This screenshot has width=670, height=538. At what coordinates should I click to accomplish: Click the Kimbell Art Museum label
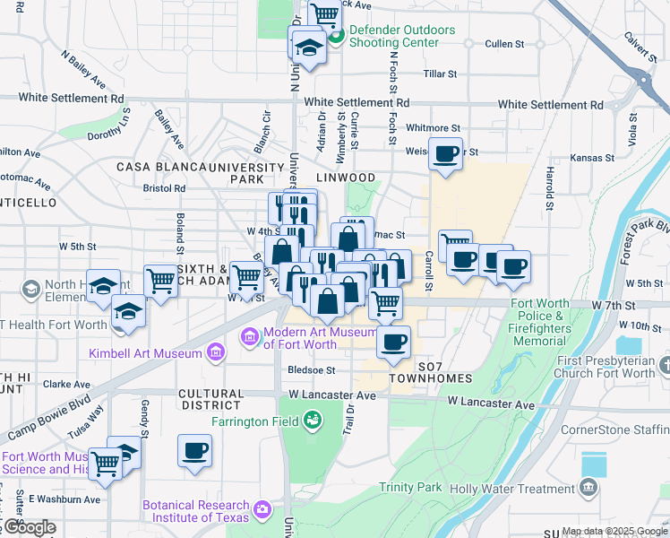coord(145,353)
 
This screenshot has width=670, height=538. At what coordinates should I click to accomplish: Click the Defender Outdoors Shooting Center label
coord(402,36)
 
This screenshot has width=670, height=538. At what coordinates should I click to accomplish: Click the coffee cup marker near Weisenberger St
coord(445,154)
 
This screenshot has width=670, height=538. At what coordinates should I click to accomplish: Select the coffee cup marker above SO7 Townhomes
coord(392,342)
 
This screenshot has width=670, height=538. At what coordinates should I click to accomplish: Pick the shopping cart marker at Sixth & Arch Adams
coord(160,281)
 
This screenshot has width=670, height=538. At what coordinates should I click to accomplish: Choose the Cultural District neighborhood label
coord(211,400)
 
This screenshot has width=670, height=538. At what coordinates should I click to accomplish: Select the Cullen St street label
coord(503,44)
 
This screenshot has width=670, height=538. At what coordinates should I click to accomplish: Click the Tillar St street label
coord(440,74)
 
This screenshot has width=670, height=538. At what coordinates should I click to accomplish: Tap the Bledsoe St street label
coord(311,369)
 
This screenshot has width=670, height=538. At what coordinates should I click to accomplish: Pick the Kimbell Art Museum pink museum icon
coord(215,353)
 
